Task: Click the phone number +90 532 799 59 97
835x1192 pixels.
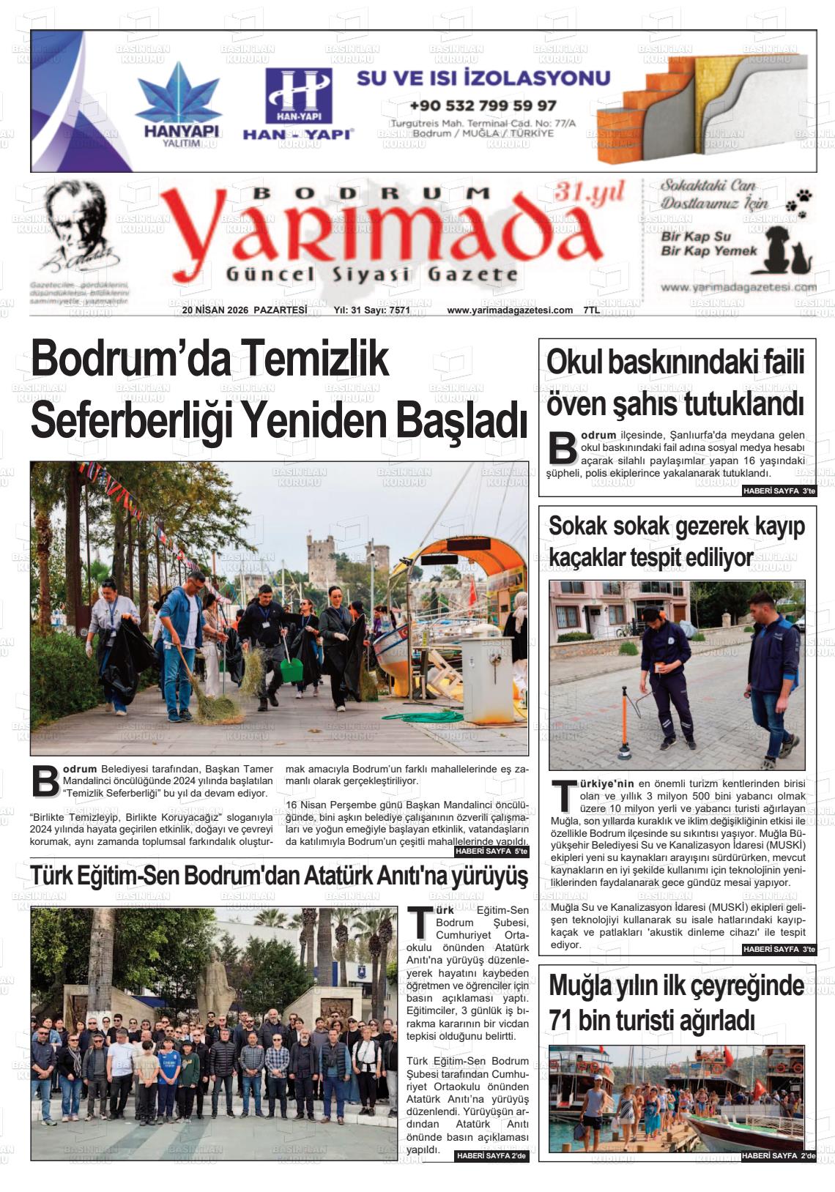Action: pyautogui.click(x=483, y=105)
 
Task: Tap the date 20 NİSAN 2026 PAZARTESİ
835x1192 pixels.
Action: pyautogui.click(x=244, y=310)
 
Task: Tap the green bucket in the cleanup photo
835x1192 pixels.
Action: pyautogui.click(x=291, y=669)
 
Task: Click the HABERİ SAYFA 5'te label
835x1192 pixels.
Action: pyautogui.click(x=491, y=852)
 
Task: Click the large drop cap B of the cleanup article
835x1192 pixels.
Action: pyautogui.click(x=45, y=782)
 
